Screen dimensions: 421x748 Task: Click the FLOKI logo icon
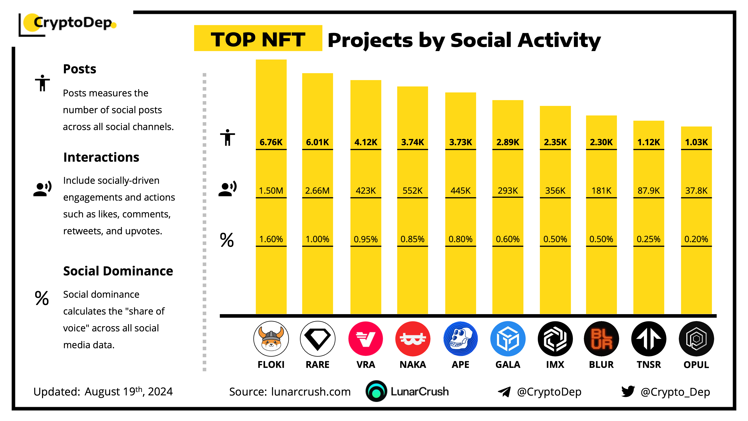click(x=271, y=339)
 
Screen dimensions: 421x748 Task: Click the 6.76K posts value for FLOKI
click(x=271, y=142)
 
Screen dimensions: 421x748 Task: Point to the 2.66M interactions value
click(x=317, y=191)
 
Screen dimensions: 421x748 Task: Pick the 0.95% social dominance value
click(x=366, y=239)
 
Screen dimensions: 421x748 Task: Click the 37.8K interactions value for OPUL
click(x=696, y=191)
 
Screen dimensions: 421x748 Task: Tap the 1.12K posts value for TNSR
click(x=649, y=142)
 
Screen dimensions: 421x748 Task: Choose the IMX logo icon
click(x=555, y=339)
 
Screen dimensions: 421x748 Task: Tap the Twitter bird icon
click(x=628, y=391)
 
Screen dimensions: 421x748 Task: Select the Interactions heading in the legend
click(x=101, y=157)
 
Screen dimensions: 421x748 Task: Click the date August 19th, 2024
click(x=129, y=391)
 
